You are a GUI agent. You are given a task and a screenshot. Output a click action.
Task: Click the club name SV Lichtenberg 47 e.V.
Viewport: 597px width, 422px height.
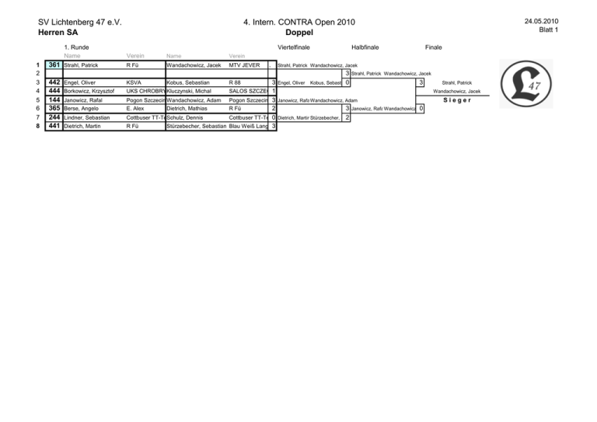click(82, 22)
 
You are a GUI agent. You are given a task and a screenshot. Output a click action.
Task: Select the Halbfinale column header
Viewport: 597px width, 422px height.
click(365, 47)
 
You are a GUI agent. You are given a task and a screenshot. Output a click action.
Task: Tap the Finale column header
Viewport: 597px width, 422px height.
click(434, 47)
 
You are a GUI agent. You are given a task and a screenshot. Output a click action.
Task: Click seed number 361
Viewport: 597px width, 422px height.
click(54, 65)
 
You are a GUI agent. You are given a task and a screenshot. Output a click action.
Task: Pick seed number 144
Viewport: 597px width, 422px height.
click(54, 100)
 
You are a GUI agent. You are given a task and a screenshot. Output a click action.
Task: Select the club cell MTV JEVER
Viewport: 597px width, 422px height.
click(245, 65)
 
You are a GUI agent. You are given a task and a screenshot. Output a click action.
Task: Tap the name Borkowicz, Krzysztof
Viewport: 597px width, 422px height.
click(89, 92)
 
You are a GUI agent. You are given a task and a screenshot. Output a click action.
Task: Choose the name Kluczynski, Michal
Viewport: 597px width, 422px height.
click(190, 92)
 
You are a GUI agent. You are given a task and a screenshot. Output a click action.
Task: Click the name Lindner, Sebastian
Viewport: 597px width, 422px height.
click(86, 117)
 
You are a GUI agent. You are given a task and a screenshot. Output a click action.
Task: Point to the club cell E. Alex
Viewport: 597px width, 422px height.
click(136, 109)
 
